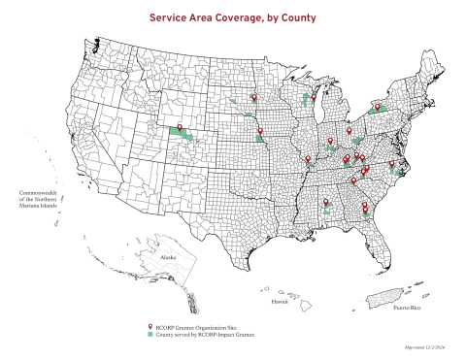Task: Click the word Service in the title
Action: (174, 17)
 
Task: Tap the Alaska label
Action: (169, 258)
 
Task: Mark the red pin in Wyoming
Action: (179, 125)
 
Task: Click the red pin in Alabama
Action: (326, 205)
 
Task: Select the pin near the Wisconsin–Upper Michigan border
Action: (313, 97)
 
